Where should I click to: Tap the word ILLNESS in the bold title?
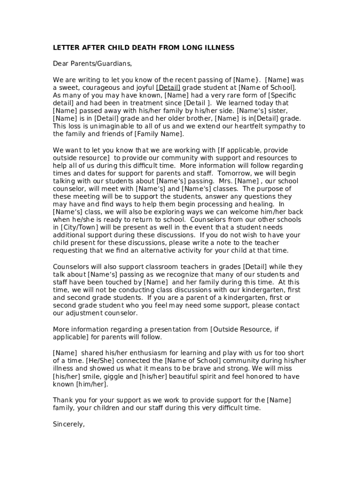point(218,48)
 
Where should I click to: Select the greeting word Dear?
point(61,63)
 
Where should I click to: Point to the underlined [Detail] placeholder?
point(168,87)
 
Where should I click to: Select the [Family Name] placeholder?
point(159,134)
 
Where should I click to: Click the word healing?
point(261,204)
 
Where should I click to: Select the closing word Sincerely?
point(69,424)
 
